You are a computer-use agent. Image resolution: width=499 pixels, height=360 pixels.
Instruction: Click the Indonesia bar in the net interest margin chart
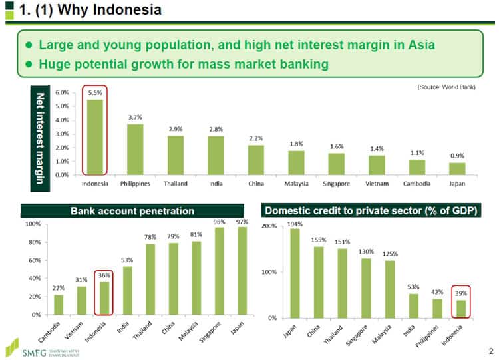point(94,136)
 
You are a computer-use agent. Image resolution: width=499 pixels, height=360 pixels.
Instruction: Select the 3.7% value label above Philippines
point(135,118)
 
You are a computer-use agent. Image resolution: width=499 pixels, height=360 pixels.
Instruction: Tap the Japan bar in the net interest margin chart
point(457,168)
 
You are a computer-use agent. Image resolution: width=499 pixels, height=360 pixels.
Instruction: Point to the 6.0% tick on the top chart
point(61,92)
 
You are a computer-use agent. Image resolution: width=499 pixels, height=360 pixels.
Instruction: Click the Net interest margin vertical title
point(40,134)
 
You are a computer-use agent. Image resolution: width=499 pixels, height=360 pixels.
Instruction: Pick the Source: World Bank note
point(446,87)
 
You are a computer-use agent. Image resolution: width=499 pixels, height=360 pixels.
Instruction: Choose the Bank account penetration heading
point(132,211)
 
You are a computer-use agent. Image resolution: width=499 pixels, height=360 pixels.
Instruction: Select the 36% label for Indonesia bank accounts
point(104,275)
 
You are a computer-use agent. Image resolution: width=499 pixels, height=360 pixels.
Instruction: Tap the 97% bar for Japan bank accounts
point(242,270)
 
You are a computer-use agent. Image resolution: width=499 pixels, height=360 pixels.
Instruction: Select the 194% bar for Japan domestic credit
point(295,273)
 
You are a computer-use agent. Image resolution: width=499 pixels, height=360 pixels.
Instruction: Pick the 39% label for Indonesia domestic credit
point(460,292)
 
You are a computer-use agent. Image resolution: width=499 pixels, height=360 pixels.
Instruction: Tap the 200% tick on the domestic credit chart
point(269,226)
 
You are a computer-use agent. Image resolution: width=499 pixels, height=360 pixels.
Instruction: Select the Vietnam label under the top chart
point(377,183)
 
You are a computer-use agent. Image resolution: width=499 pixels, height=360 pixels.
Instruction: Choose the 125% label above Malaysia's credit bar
point(390,254)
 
